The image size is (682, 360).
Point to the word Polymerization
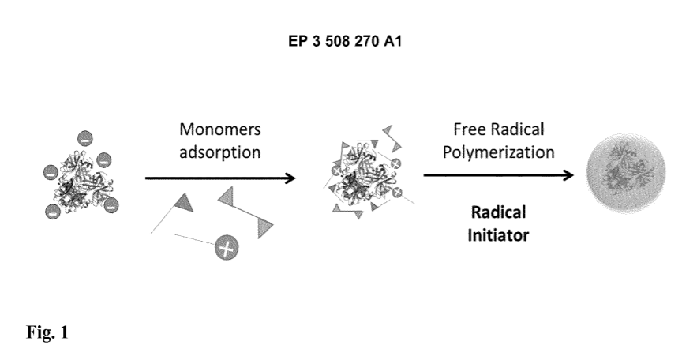click(x=499, y=152)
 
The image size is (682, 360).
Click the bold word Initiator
click(x=498, y=234)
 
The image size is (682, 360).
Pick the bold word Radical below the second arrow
click(x=498, y=213)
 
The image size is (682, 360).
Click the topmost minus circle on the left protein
click(x=84, y=139)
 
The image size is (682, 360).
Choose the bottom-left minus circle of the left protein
click(x=53, y=211)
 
